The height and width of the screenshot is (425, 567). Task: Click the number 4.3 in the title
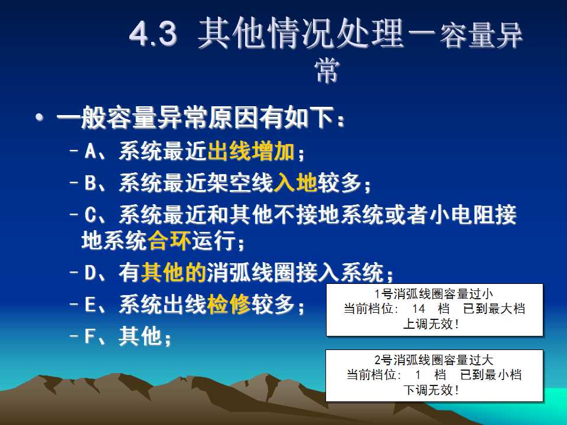(x=153, y=34)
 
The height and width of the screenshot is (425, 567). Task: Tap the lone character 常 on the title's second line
(x=327, y=70)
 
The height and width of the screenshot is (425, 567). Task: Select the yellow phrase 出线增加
(x=251, y=151)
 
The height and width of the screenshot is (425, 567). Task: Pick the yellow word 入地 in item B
(x=295, y=182)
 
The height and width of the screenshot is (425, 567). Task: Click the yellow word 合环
(x=170, y=240)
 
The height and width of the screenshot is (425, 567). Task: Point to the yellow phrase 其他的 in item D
(x=174, y=273)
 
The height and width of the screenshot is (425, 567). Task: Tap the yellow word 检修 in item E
(x=229, y=305)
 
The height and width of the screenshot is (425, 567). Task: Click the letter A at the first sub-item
(x=90, y=151)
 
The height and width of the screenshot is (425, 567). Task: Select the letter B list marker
(x=90, y=182)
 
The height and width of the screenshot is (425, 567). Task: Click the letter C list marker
(x=90, y=214)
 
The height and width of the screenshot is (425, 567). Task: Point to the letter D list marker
(x=90, y=273)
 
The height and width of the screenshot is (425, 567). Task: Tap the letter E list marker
(x=90, y=305)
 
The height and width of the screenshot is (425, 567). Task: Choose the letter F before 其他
(x=90, y=336)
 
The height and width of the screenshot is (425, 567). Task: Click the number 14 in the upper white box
(x=418, y=309)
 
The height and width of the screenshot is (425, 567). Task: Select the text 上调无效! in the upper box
(x=431, y=324)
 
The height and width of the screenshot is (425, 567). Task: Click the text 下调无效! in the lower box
(x=431, y=390)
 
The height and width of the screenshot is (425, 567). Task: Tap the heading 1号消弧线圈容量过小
(x=434, y=294)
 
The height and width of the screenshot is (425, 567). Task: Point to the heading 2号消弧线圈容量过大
(x=434, y=360)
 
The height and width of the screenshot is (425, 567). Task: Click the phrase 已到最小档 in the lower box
(x=491, y=375)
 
